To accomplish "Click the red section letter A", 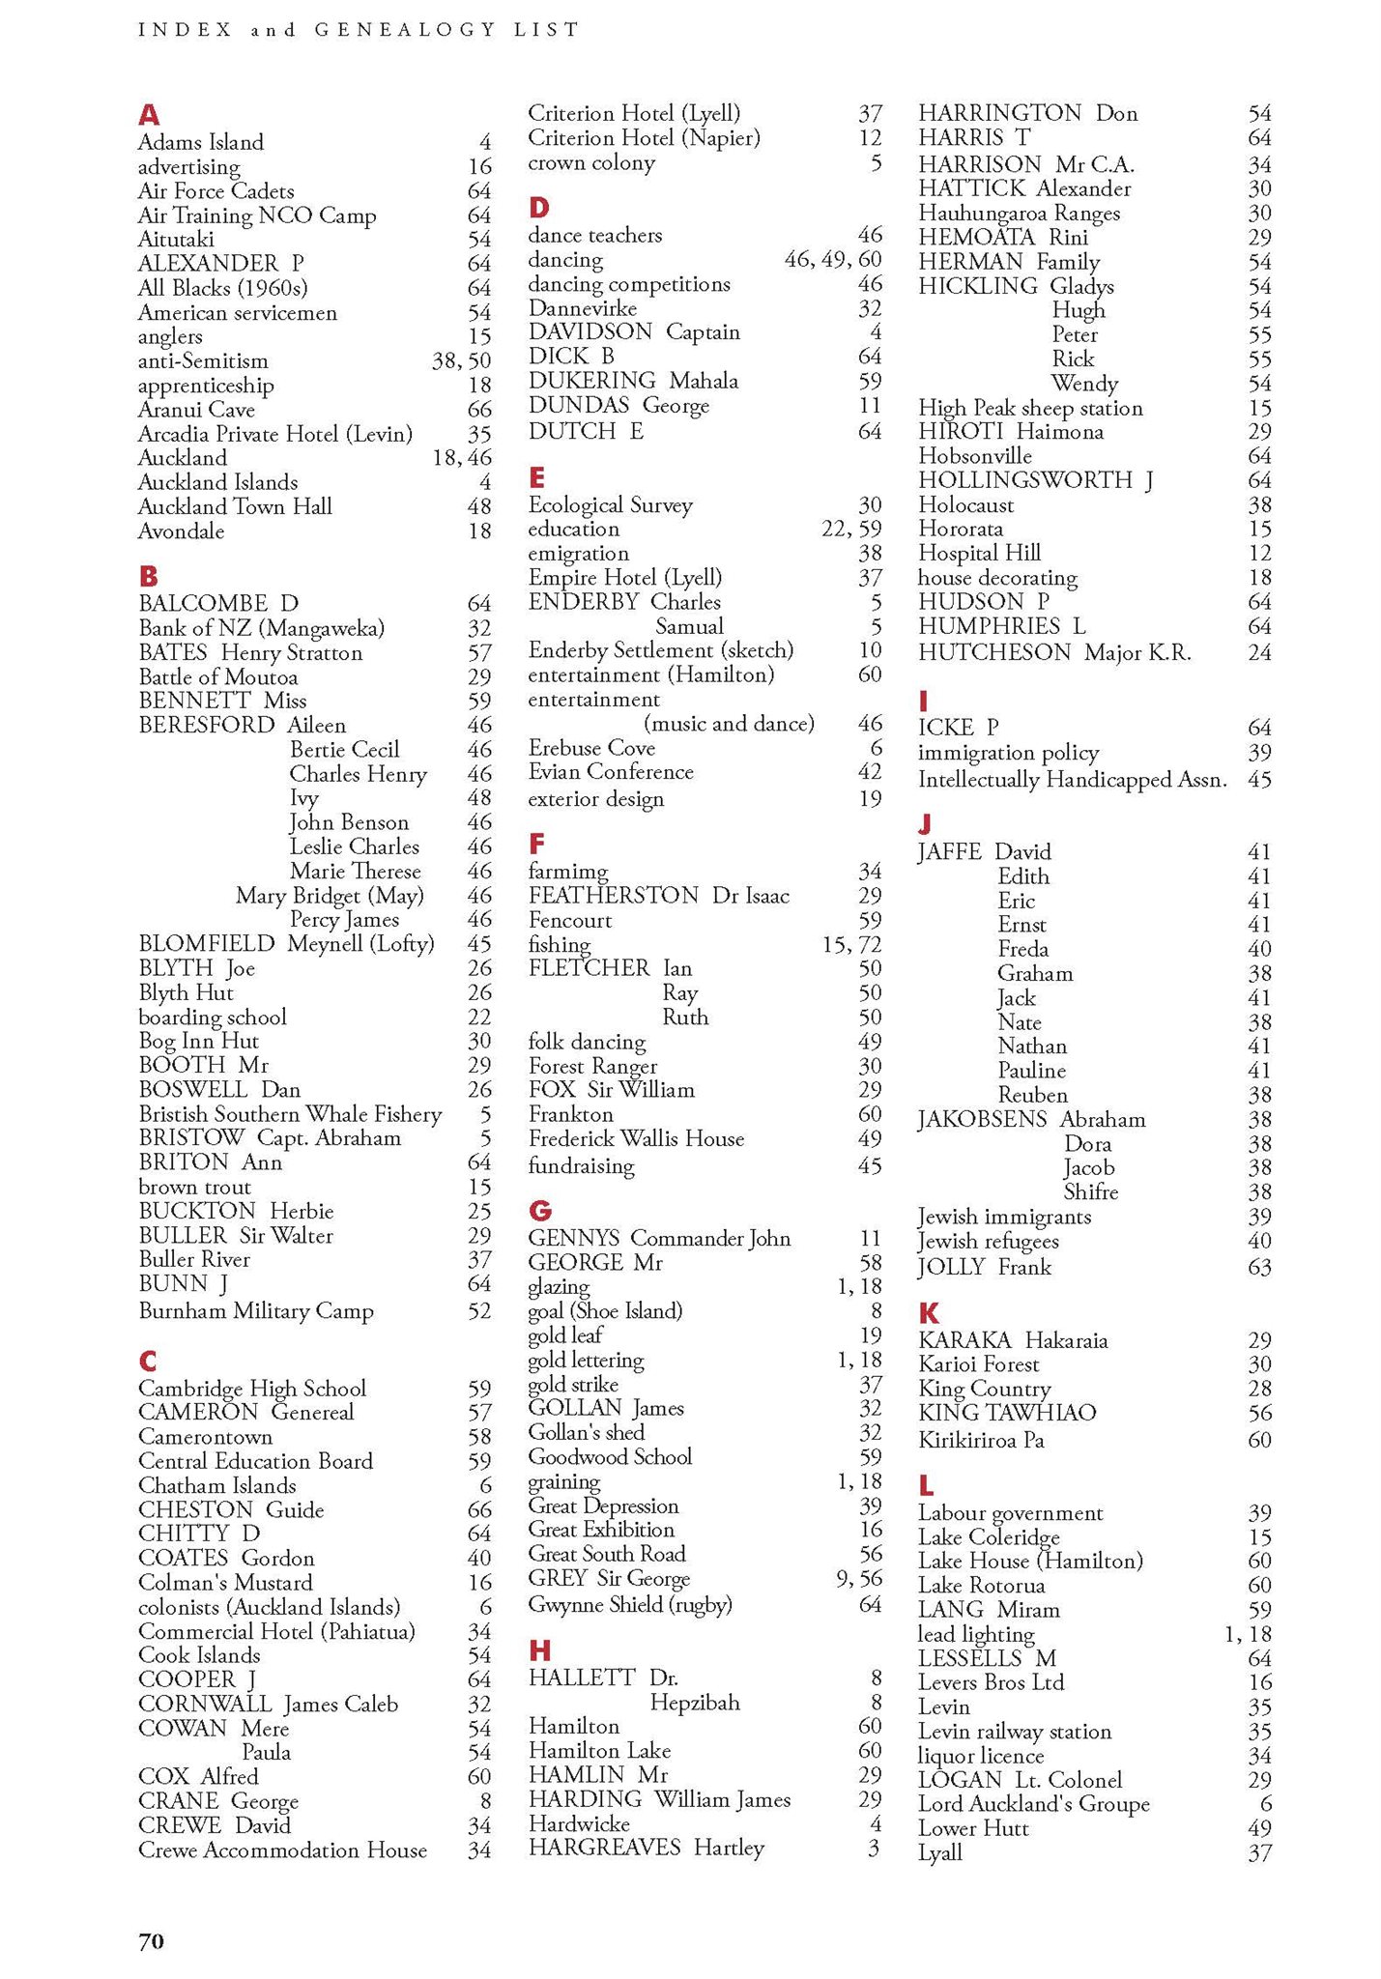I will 149,116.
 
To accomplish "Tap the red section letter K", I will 929,1313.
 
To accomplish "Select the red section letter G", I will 540,1211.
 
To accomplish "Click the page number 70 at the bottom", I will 152,1940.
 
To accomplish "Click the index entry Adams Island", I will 200,143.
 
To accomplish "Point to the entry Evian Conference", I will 610,772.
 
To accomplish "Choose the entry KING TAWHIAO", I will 1007,1413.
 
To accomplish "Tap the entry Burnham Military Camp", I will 256,1311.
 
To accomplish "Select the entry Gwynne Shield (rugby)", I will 630,1605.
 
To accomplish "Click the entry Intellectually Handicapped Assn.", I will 1072,780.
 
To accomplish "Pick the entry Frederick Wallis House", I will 636,1139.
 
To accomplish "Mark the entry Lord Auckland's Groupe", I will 1033,1804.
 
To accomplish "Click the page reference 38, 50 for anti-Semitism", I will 461,361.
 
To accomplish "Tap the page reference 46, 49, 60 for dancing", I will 833,260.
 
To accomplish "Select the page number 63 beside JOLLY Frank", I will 1259,1267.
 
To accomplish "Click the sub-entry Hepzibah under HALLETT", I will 695,1702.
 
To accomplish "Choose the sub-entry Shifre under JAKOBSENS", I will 1090,1192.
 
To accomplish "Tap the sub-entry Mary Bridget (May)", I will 330,896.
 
